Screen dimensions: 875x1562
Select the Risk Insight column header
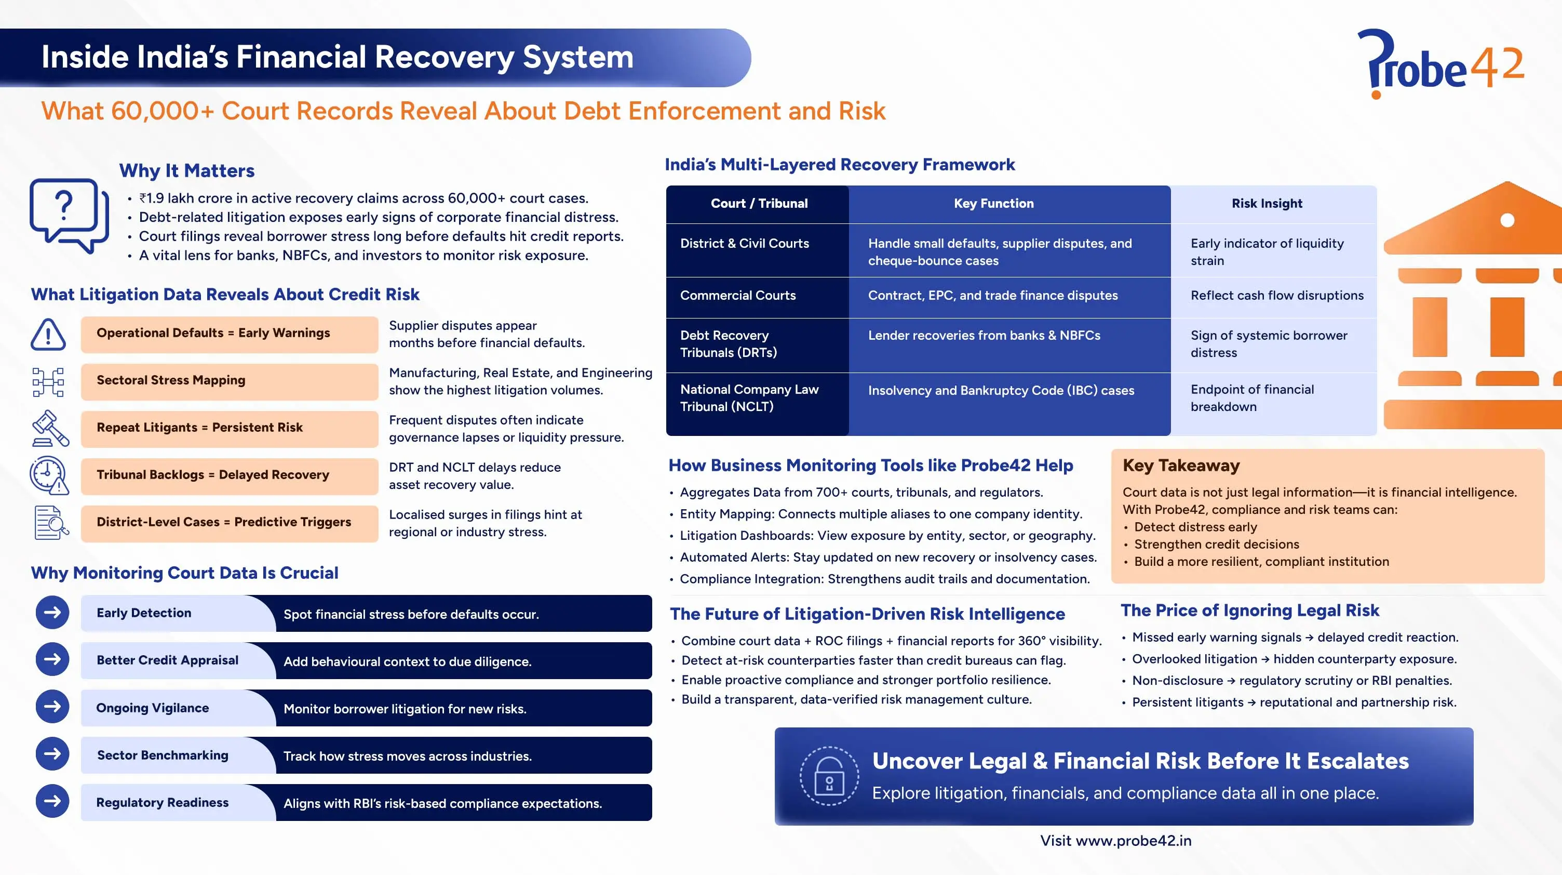pos(1266,203)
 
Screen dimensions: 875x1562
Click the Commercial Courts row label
pos(737,296)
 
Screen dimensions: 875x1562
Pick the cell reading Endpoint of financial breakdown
pos(1251,398)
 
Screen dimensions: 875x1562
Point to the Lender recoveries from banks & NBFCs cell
pos(984,336)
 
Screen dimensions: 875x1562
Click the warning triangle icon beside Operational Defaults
pos(48,334)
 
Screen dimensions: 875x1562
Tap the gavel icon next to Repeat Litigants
pos(50,428)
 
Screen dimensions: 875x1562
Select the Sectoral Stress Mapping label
pos(170,380)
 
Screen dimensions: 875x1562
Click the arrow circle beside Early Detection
pos(52,612)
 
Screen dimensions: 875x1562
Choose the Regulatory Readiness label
pos(162,802)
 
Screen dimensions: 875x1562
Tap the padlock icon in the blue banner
pos(829,776)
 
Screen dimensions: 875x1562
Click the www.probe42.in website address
pos(1133,840)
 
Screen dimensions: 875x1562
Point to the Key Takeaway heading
pos(1181,466)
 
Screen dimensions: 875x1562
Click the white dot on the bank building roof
pos(1507,220)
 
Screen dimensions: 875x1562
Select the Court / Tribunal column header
pos(759,203)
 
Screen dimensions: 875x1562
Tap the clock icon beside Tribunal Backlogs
pos(48,474)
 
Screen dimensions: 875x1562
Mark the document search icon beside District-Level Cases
pos(50,522)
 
